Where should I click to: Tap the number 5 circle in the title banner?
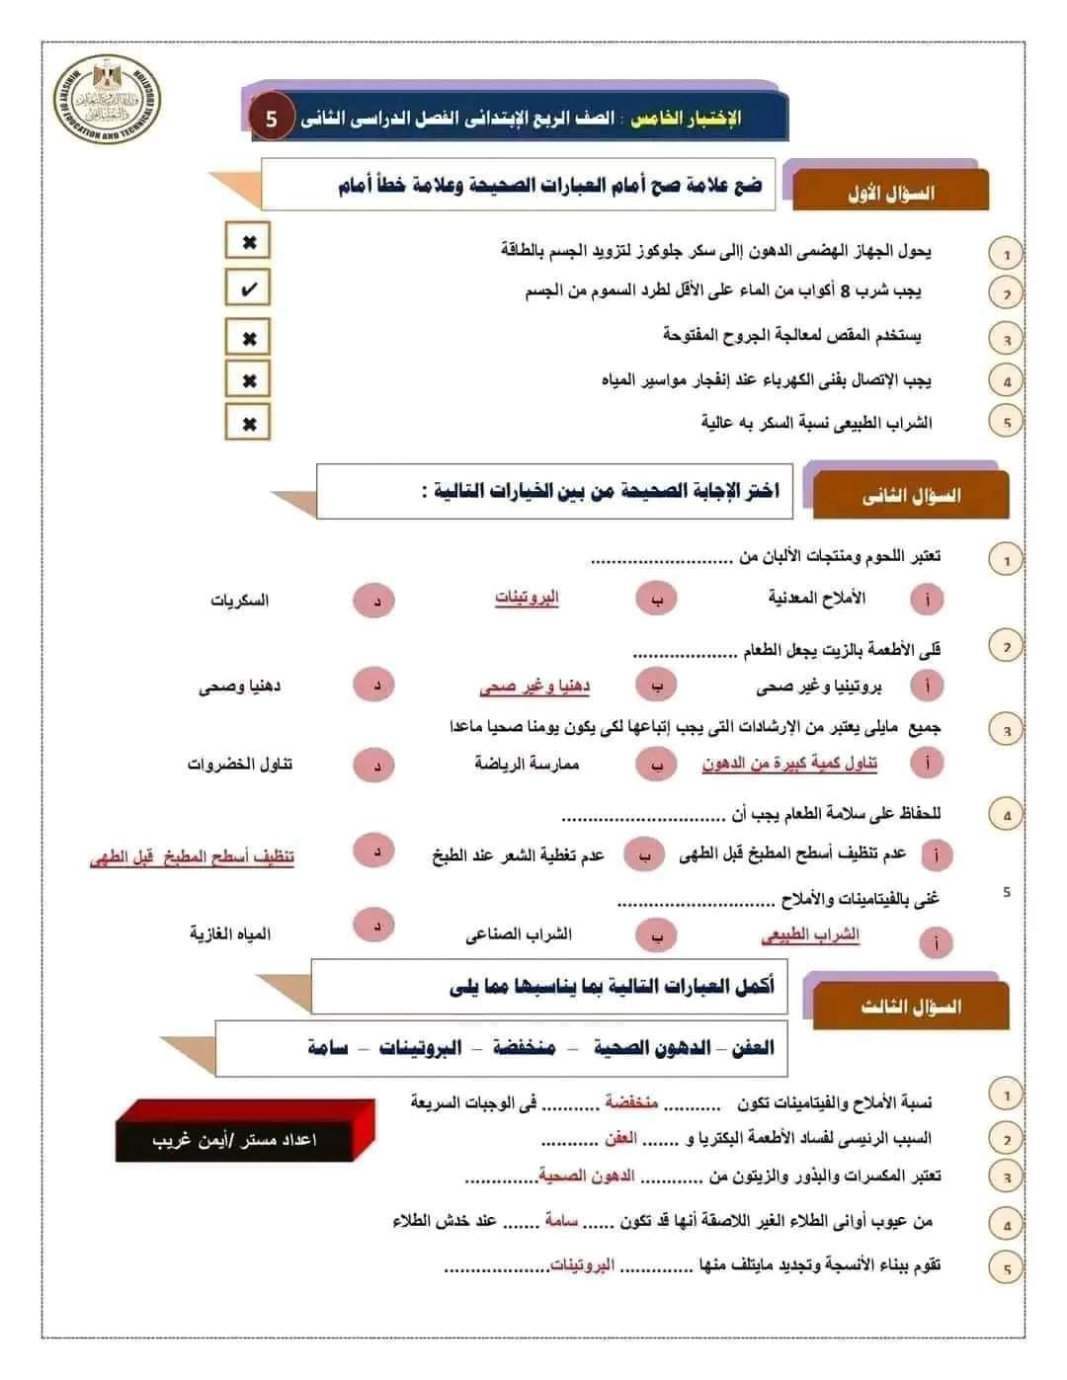pos(272,119)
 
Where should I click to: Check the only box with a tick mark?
pos(248,289)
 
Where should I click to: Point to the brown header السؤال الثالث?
pos(910,1007)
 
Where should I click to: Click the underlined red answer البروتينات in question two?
pos(527,598)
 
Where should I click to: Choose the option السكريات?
pos(239,600)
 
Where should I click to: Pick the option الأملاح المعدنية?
pos(816,598)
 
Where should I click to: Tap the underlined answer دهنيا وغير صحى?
pos(534,686)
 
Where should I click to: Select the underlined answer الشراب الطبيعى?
pos(810,934)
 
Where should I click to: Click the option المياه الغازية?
pos(230,934)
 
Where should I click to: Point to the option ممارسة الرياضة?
pos(527,764)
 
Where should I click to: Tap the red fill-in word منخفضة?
pos(631,1102)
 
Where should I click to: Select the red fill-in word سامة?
pos(560,1221)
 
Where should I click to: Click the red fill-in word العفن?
pos(620,1139)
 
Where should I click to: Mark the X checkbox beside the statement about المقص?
pos(248,338)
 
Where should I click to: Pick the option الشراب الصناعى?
pos(519,934)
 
